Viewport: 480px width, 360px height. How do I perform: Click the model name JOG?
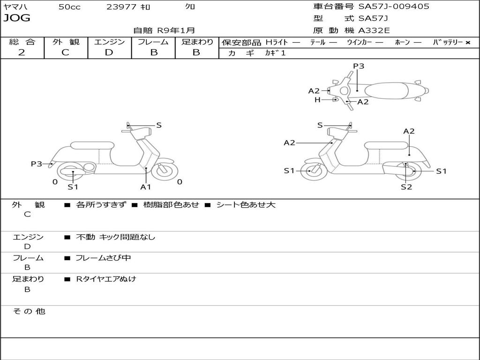click(x=17, y=18)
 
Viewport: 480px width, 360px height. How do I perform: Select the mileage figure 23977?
click(x=121, y=7)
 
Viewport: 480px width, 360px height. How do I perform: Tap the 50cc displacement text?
click(x=69, y=7)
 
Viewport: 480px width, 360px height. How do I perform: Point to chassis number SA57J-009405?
click(x=394, y=7)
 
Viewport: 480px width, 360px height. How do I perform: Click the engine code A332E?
click(x=374, y=31)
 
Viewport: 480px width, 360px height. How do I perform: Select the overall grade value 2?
click(x=22, y=52)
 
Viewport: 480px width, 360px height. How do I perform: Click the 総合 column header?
click(x=22, y=42)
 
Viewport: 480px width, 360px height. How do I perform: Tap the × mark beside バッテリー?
click(x=467, y=43)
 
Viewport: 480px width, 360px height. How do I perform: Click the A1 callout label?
click(x=146, y=187)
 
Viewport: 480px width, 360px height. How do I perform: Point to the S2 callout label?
click(x=406, y=187)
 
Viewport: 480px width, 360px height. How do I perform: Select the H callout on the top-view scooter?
click(x=317, y=100)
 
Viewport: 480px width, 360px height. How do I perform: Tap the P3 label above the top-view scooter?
click(x=359, y=66)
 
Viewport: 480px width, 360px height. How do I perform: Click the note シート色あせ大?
click(x=246, y=205)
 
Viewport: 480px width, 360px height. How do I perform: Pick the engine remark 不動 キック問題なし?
click(x=115, y=237)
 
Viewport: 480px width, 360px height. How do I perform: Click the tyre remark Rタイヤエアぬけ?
click(x=106, y=279)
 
